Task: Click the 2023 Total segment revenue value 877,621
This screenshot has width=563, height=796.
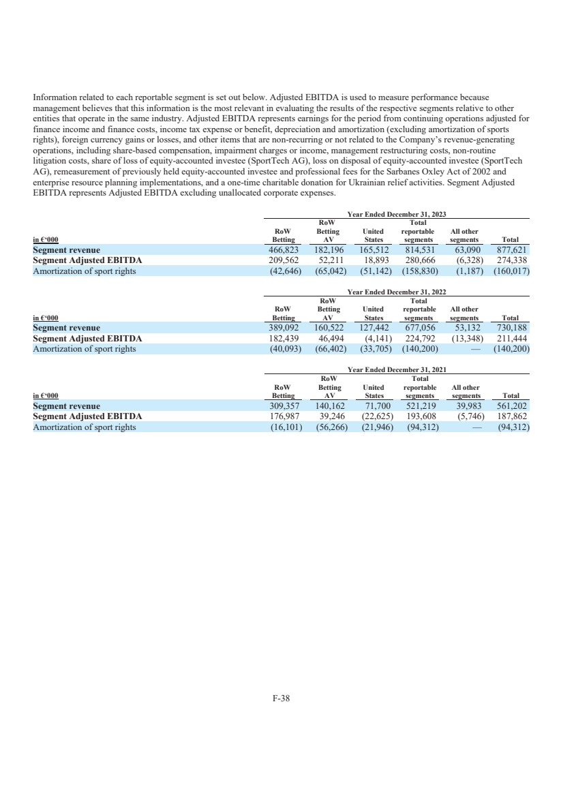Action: [x=515, y=250]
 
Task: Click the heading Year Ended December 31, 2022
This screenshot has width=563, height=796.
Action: [x=397, y=292]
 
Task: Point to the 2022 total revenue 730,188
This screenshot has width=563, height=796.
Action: [x=515, y=328]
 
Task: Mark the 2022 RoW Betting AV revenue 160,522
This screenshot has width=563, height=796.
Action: [x=330, y=328]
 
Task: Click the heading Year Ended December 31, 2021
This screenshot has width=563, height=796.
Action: [x=397, y=369]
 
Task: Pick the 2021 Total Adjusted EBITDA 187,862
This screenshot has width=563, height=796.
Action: [x=515, y=416]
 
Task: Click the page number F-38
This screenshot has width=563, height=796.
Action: [x=281, y=698]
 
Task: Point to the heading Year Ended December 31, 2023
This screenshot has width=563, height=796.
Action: [x=397, y=214]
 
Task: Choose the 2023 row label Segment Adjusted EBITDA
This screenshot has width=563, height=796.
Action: [x=87, y=260]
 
